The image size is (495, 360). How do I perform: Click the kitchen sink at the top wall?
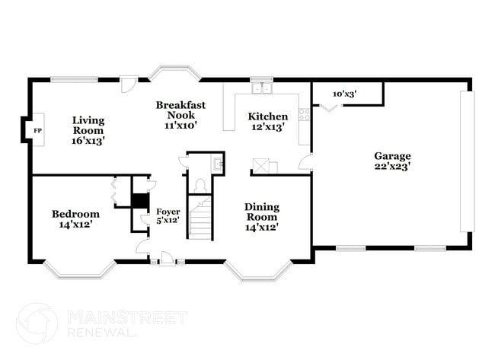(262, 88)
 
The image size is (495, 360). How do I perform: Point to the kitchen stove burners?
(305, 116)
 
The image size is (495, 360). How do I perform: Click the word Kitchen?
(268, 116)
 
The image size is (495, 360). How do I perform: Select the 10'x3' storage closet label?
(345, 94)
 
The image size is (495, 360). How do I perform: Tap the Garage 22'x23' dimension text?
(392, 167)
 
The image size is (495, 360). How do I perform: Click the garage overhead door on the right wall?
(467, 162)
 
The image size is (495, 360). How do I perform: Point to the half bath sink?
(218, 163)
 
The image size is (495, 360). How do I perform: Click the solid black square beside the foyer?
(139, 201)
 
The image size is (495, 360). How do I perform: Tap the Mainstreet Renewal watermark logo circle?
(36, 323)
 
